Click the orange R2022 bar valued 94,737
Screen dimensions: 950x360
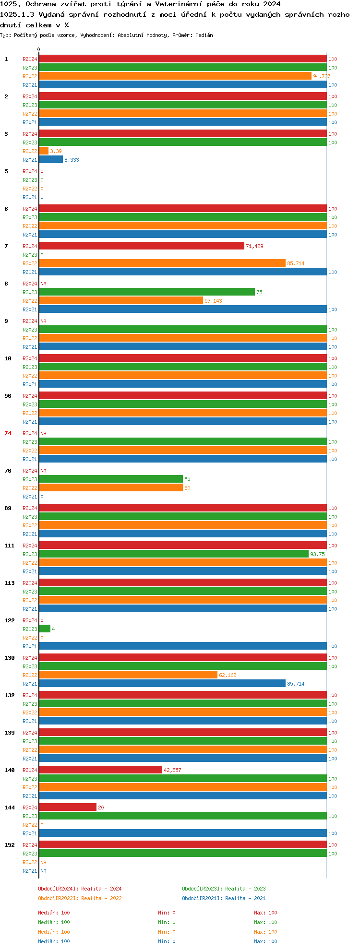click(175, 76)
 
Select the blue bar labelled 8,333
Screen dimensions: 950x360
click(51, 160)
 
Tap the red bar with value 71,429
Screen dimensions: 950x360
click(142, 246)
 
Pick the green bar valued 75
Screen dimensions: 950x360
click(147, 292)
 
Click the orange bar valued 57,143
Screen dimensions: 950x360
click(121, 301)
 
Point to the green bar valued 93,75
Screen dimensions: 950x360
click(174, 554)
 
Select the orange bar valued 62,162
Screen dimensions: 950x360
click(128, 675)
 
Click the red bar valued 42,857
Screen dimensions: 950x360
click(100, 770)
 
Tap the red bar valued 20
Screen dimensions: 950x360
click(68, 807)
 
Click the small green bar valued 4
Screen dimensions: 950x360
click(45, 629)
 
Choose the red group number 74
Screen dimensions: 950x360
click(8, 433)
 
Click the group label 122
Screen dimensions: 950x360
click(10, 620)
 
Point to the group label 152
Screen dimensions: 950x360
click(10, 845)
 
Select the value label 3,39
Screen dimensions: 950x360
click(56, 151)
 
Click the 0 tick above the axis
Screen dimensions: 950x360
click(39, 49)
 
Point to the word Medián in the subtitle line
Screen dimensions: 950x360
click(204, 35)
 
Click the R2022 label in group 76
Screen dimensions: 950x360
click(30, 488)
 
